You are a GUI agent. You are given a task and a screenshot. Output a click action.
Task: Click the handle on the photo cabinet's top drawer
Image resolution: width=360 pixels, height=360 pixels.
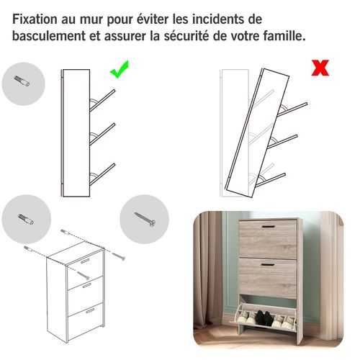268,229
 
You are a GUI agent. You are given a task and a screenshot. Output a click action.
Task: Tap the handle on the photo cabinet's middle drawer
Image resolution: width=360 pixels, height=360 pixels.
268,266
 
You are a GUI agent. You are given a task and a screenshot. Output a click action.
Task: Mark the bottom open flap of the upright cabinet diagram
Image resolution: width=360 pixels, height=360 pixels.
102,171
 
